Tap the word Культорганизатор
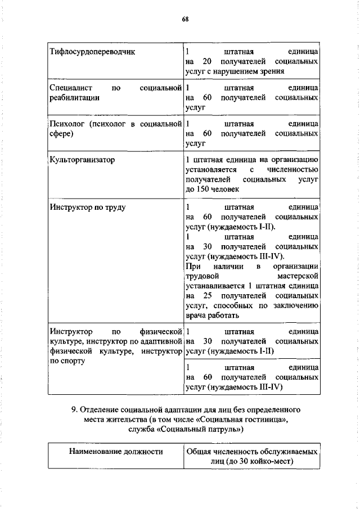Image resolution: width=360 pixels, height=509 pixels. click(82, 160)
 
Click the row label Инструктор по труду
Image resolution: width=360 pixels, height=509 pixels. click(87, 208)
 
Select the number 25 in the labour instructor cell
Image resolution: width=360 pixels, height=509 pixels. click(208, 295)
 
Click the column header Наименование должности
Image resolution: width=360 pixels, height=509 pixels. click(116, 451)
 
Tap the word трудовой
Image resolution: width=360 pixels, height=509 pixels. click(201, 276)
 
